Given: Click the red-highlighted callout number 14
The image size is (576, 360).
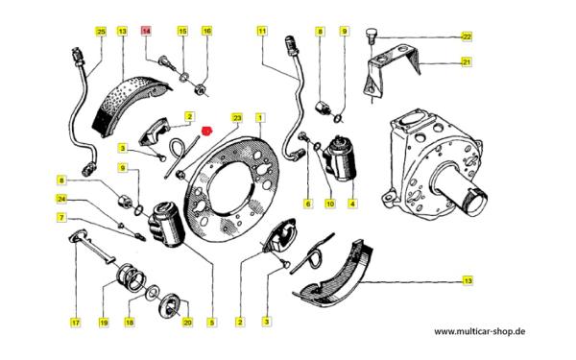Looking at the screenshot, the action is [x=146, y=31].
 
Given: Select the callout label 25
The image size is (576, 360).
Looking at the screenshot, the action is [x=101, y=32].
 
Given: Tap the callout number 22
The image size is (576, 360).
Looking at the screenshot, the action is [x=467, y=36].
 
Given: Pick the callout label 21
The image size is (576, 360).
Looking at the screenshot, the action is [x=467, y=62].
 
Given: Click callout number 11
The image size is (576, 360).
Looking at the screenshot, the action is [x=262, y=31].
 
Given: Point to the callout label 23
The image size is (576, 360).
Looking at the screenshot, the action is [x=237, y=117].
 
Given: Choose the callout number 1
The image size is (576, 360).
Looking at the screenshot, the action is [x=260, y=117].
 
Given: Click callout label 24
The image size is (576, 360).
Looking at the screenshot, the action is [x=61, y=199].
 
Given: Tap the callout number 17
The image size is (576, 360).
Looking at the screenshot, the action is [x=75, y=323].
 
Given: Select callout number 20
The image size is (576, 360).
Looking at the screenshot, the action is [x=187, y=323].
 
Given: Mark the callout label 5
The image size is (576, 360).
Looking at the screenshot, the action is [x=211, y=323].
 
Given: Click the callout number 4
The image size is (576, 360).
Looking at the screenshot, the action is [x=352, y=204].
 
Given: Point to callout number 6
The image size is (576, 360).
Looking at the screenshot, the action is [x=308, y=204].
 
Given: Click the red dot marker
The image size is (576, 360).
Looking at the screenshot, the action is [x=207, y=131].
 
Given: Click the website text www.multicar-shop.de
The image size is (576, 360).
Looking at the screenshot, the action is [x=480, y=331].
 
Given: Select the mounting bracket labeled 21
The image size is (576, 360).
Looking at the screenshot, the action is [x=393, y=70].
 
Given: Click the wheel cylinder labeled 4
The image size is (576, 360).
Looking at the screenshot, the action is [x=340, y=158].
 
